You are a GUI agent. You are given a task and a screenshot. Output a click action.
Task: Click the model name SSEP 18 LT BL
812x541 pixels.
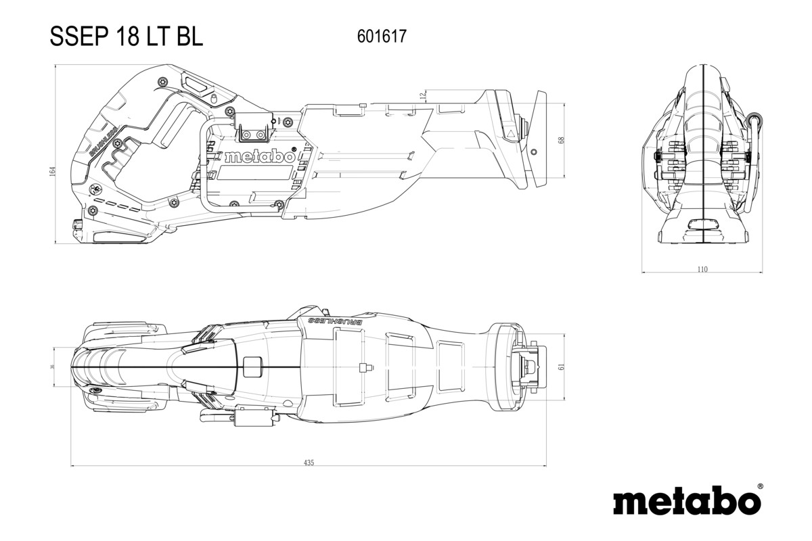click(126, 37)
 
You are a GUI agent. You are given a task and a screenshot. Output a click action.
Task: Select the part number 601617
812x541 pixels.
click(381, 37)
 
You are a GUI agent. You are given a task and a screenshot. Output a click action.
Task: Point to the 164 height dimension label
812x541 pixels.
click(52, 172)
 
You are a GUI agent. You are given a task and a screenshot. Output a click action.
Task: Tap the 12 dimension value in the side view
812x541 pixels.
click(424, 95)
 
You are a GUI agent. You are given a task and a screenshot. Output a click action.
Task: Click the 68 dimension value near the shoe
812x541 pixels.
click(560, 140)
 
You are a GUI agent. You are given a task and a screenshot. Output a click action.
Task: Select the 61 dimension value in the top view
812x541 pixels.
click(560, 366)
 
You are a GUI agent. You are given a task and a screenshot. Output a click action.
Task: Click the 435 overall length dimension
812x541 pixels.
click(309, 463)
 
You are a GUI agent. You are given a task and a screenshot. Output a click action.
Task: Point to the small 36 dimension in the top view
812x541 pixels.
click(53, 366)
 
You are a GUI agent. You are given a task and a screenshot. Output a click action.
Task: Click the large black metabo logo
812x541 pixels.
click(686, 502)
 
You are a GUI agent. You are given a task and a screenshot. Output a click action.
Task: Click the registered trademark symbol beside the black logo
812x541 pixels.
click(760, 486)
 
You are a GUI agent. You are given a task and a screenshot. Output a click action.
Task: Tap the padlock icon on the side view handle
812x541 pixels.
click(95, 188)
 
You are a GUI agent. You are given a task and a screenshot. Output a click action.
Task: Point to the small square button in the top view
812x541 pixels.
click(251, 367)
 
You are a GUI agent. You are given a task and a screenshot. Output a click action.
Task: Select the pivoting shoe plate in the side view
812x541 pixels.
click(541, 139)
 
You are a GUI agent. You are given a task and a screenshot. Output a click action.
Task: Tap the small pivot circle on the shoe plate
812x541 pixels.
click(524, 122)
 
